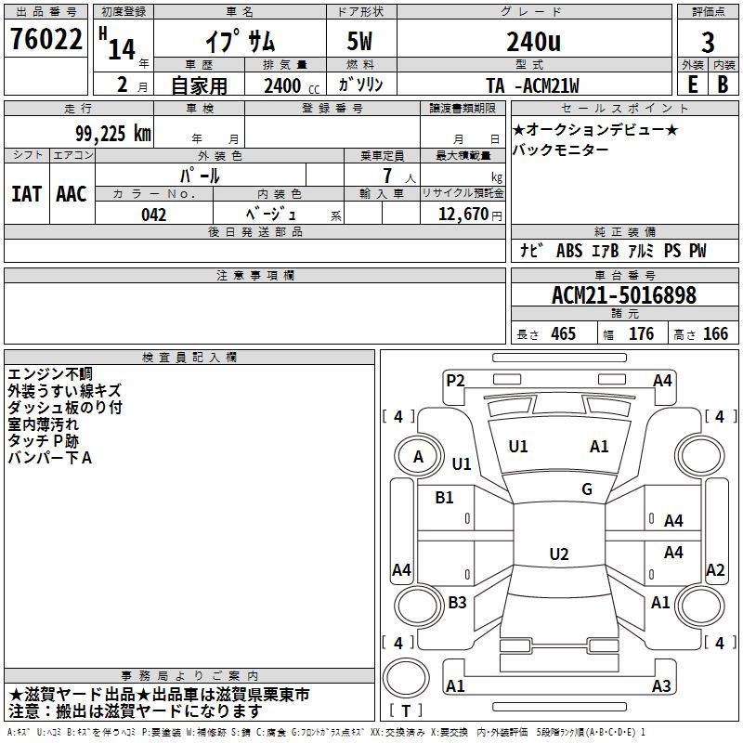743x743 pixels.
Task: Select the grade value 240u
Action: click(x=532, y=42)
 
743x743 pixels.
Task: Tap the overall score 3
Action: click(x=708, y=43)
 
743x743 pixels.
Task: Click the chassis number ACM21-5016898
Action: click(x=623, y=296)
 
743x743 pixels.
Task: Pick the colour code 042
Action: click(x=153, y=215)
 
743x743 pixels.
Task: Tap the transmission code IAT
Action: click(x=27, y=194)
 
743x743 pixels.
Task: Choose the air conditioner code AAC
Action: click(x=71, y=194)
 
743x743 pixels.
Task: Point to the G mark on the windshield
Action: click(x=587, y=489)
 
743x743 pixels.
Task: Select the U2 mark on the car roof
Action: click(x=558, y=554)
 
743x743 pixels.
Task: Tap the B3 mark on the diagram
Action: click(x=457, y=603)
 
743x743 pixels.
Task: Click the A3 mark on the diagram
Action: click(x=661, y=686)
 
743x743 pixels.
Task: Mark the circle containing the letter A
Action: click(x=418, y=456)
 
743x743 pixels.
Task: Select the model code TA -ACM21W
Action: click(x=532, y=86)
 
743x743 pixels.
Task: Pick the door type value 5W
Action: click(x=361, y=42)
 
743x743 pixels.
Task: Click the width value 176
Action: click(x=641, y=334)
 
